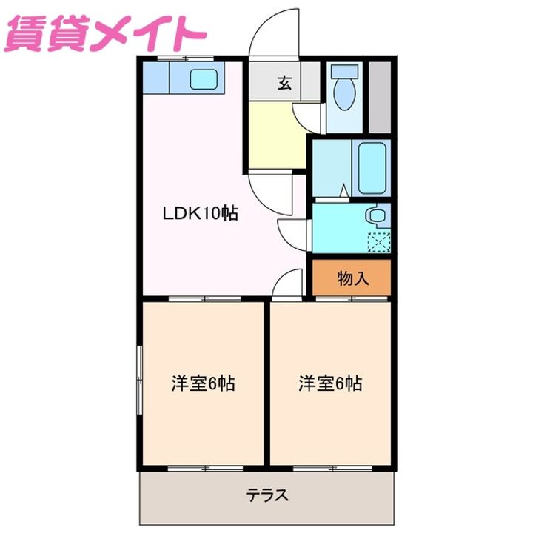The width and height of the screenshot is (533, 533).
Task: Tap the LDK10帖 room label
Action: point(200,214)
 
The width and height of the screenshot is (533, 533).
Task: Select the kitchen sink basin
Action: point(203,78)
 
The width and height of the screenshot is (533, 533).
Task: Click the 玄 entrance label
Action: point(284,83)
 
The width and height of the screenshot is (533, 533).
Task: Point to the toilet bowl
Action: point(343,93)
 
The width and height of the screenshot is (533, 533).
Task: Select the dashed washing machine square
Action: point(379,241)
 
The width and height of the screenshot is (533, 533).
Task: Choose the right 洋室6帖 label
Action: point(330,384)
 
